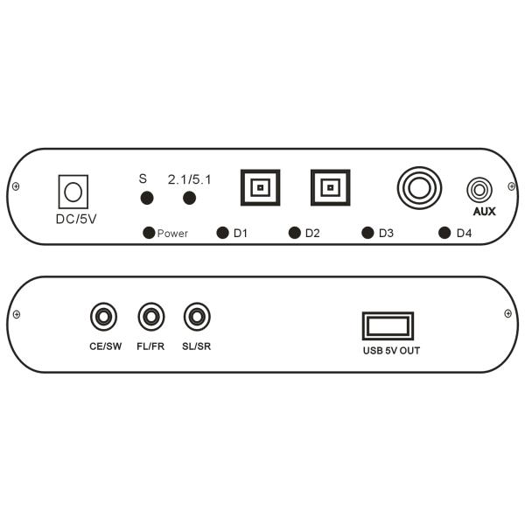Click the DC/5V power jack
click(73, 192)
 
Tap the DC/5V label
click(76, 219)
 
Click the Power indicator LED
click(149, 233)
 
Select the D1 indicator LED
click(222, 233)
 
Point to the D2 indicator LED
click(295, 233)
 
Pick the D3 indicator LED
click(367, 233)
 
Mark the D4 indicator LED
click(444, 233)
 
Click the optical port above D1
click(260, 187)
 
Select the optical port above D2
click(331, 187)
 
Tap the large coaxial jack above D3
click(419, 188)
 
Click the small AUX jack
click(479, 190)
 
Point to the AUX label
click(484, 211)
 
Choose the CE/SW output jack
click(104, 317)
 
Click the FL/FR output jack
click(151, 317)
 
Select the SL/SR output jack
click(197, 317)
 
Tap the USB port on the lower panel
click(388, 326)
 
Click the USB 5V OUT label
click(391, 351)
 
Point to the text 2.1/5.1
click(189, 179)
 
